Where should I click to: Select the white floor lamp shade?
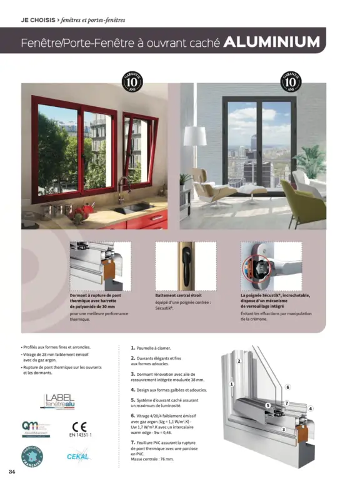point(195,136)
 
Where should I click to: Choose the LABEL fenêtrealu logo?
point(60,401)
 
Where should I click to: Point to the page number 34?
point(12,470)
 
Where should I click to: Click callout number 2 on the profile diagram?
point(239,362)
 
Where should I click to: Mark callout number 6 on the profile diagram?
point(288,388)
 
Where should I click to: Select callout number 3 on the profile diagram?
point(282,429)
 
